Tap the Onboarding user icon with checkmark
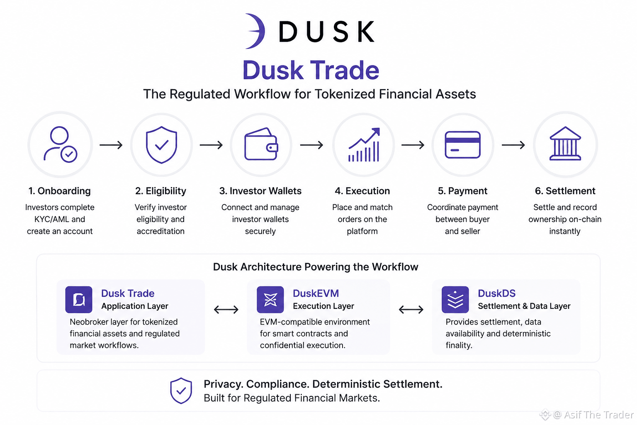pyautogui.click(x=60, y=144)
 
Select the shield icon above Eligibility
pyautogui.click(x=161, y=144)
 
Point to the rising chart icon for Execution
pyautogui.click(x=364, y=144)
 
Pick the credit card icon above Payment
pyautogui.click(x=463, y=144)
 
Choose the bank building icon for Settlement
pyautogui.click(x=565, y=144)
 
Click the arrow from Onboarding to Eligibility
pyautogui.click(x=111, y=145)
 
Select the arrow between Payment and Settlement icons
pyautogui.click(x=513, y=145)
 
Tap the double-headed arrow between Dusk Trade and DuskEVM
pyautogui.click(x=226, y=310)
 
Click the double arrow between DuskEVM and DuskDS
pyautogui.click(x=411, y=310)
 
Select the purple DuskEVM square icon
pyautogui.click(x=270, y=300)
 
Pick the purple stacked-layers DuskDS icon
pyautogui.click(x=455, y=300)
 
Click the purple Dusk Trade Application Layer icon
pyautogui.click(x=79, y=300)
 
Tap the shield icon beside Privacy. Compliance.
pyautogui.click(x=181, y=391)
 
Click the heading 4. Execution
pyautogui.click(x=362, y=191)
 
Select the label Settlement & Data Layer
pyautogui.click(x=524, y=306)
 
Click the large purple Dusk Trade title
pyautogui.click(x=311, y=70)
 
